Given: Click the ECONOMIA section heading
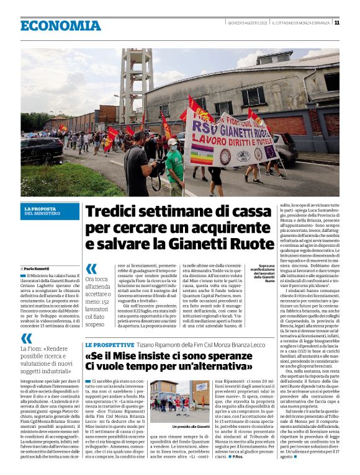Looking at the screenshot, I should click(x=60, y=25).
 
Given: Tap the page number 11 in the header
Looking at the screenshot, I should click(x=337, y=23).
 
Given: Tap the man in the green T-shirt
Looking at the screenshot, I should click(x=175, y=164).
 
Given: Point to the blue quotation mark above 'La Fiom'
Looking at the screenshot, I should click(x=26, y=338).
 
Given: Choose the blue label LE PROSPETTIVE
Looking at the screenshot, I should click(x=109, y=344).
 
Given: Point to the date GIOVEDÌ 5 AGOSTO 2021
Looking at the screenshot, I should click(x=246, y=23).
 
